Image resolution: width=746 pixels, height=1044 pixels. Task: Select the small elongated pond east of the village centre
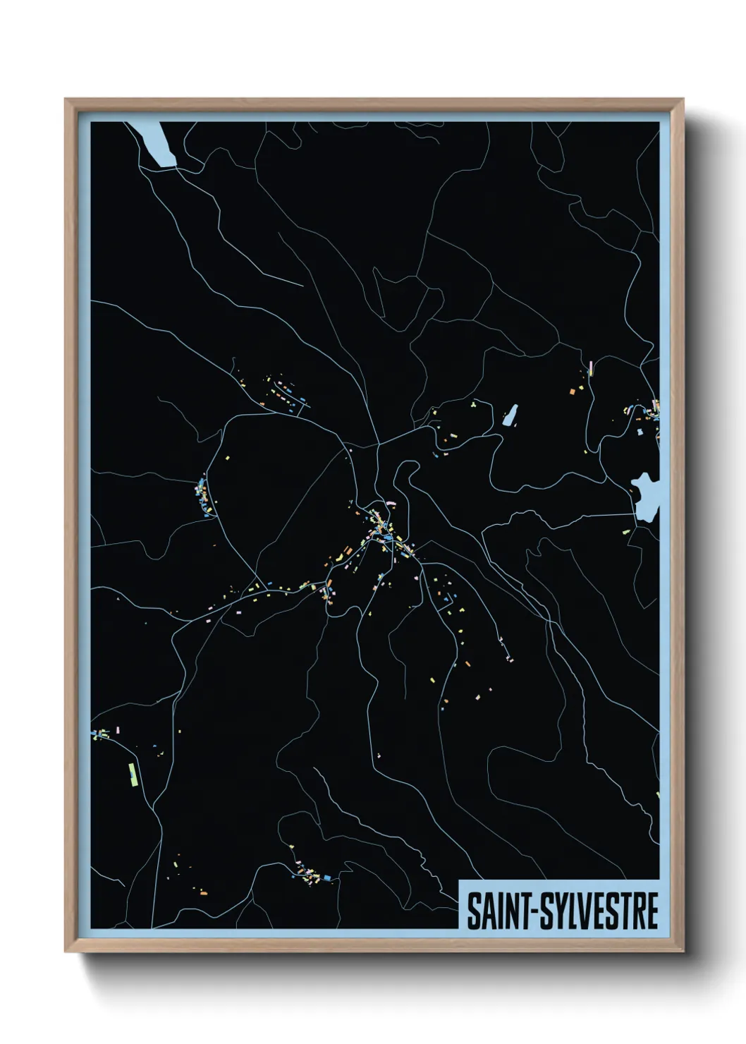coord(510,415)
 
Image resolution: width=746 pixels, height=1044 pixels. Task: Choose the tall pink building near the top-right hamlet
coord(590,368)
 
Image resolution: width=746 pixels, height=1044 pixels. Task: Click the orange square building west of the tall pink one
coord(573,391)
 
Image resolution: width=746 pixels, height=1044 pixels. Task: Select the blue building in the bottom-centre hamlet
coord(326,877)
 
